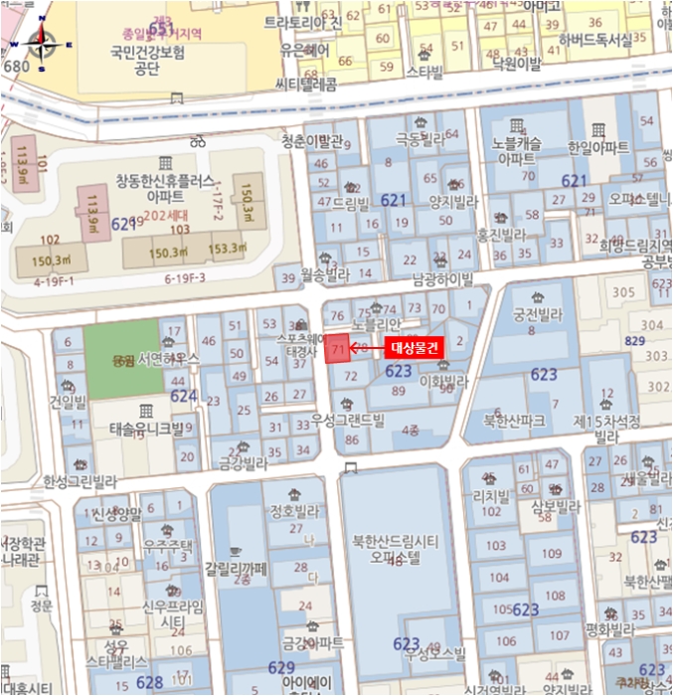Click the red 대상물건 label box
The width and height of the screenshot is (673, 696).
(x=413, y=347)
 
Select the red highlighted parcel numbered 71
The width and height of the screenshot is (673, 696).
(x=338, y=348)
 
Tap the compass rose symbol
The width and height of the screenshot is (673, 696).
(x=42, y=43)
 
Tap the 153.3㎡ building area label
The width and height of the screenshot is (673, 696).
(x=226, y=249)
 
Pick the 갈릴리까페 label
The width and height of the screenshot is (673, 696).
(x=237, y=569)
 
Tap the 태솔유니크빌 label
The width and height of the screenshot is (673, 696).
(x=146, y=430)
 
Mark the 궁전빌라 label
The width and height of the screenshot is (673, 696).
(x=538, y=314)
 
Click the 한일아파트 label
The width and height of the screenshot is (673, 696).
(x=597, y=147)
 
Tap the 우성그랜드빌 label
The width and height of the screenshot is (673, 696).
(x=347, y=420)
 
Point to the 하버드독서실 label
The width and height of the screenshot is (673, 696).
(x=595, y=40)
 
